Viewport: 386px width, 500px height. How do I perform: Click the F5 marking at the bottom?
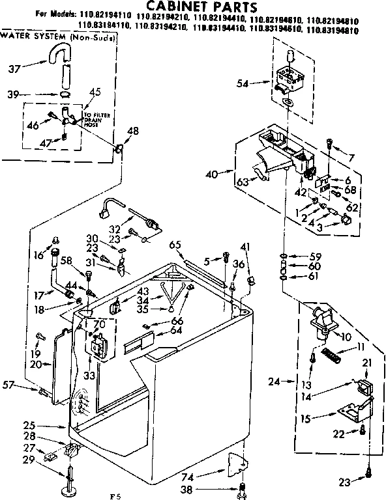[x=116, y=496]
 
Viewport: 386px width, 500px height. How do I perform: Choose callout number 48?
[x=133, y=131]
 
